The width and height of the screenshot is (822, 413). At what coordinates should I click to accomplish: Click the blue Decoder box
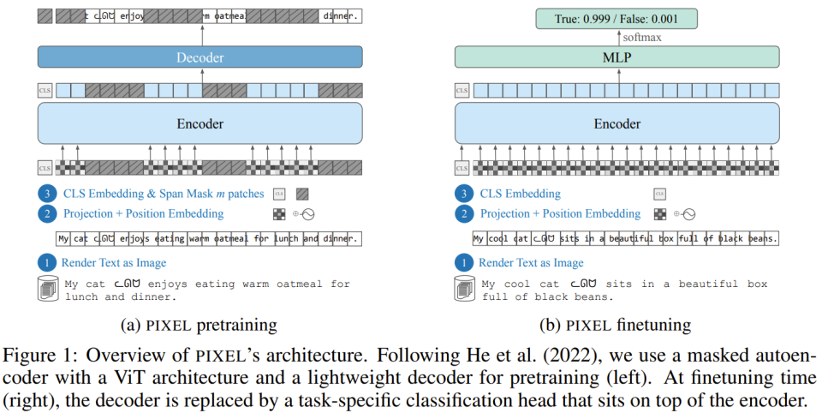201,57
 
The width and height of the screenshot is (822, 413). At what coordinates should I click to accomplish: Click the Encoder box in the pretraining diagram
201,123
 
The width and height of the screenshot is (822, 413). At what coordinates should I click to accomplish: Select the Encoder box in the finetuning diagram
617,123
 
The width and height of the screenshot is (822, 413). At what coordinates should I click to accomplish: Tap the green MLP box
617,57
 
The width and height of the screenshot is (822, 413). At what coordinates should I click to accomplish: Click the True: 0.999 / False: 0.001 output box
617,17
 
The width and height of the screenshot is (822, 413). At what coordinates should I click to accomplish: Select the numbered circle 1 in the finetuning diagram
462,263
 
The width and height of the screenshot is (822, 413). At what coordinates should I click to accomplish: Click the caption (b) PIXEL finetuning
617,325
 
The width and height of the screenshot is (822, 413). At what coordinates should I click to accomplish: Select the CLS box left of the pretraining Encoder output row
45,89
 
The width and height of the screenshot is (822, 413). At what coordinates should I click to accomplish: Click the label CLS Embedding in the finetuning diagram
520,194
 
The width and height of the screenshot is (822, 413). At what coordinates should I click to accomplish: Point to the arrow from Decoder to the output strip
202,34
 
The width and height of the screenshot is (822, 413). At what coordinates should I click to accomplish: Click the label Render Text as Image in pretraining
114,263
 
